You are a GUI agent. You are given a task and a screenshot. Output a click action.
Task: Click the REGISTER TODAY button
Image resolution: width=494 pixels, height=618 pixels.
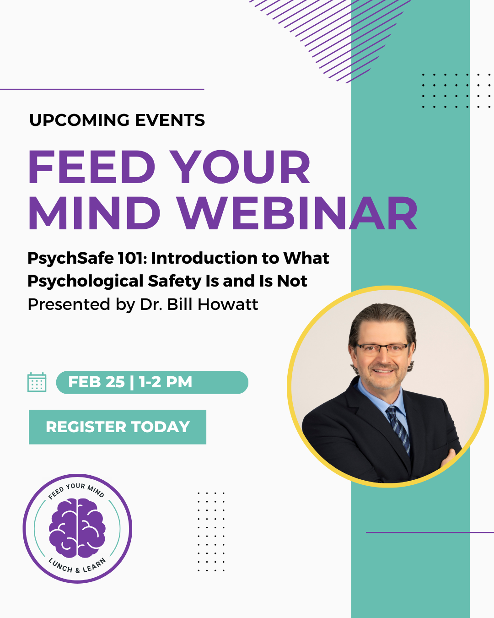[118, 427]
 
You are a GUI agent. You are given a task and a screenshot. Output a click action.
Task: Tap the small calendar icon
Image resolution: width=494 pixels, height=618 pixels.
[37, 382]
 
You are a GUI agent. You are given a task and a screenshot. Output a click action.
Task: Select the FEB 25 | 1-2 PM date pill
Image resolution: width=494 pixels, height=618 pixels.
[152, 382]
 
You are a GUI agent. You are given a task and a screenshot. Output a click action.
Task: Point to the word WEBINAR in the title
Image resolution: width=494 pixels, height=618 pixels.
[297, 213]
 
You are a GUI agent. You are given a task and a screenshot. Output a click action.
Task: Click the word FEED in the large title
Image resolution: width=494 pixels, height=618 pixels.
[91, 167]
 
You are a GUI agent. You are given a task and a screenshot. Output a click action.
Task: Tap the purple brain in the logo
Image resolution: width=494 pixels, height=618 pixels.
[77, 528]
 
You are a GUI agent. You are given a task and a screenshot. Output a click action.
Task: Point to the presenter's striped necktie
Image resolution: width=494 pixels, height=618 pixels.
[398, 430]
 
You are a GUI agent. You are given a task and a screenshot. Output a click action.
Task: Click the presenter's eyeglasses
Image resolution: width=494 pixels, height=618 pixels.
[383, 349]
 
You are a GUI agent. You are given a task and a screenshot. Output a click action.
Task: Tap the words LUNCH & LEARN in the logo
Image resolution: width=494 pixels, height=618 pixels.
[77, 566]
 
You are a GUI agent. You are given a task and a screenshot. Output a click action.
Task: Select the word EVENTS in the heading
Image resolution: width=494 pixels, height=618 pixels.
[170, 120]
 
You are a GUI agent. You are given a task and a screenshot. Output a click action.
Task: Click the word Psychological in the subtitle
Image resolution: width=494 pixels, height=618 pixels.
[86, 282]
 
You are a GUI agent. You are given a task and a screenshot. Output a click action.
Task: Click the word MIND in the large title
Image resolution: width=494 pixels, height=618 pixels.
[94, 213]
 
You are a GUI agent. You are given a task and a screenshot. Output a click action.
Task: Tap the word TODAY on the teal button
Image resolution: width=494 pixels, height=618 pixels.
[161, 427]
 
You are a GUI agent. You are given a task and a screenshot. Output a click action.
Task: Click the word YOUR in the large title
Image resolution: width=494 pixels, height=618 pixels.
[241, 167]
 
